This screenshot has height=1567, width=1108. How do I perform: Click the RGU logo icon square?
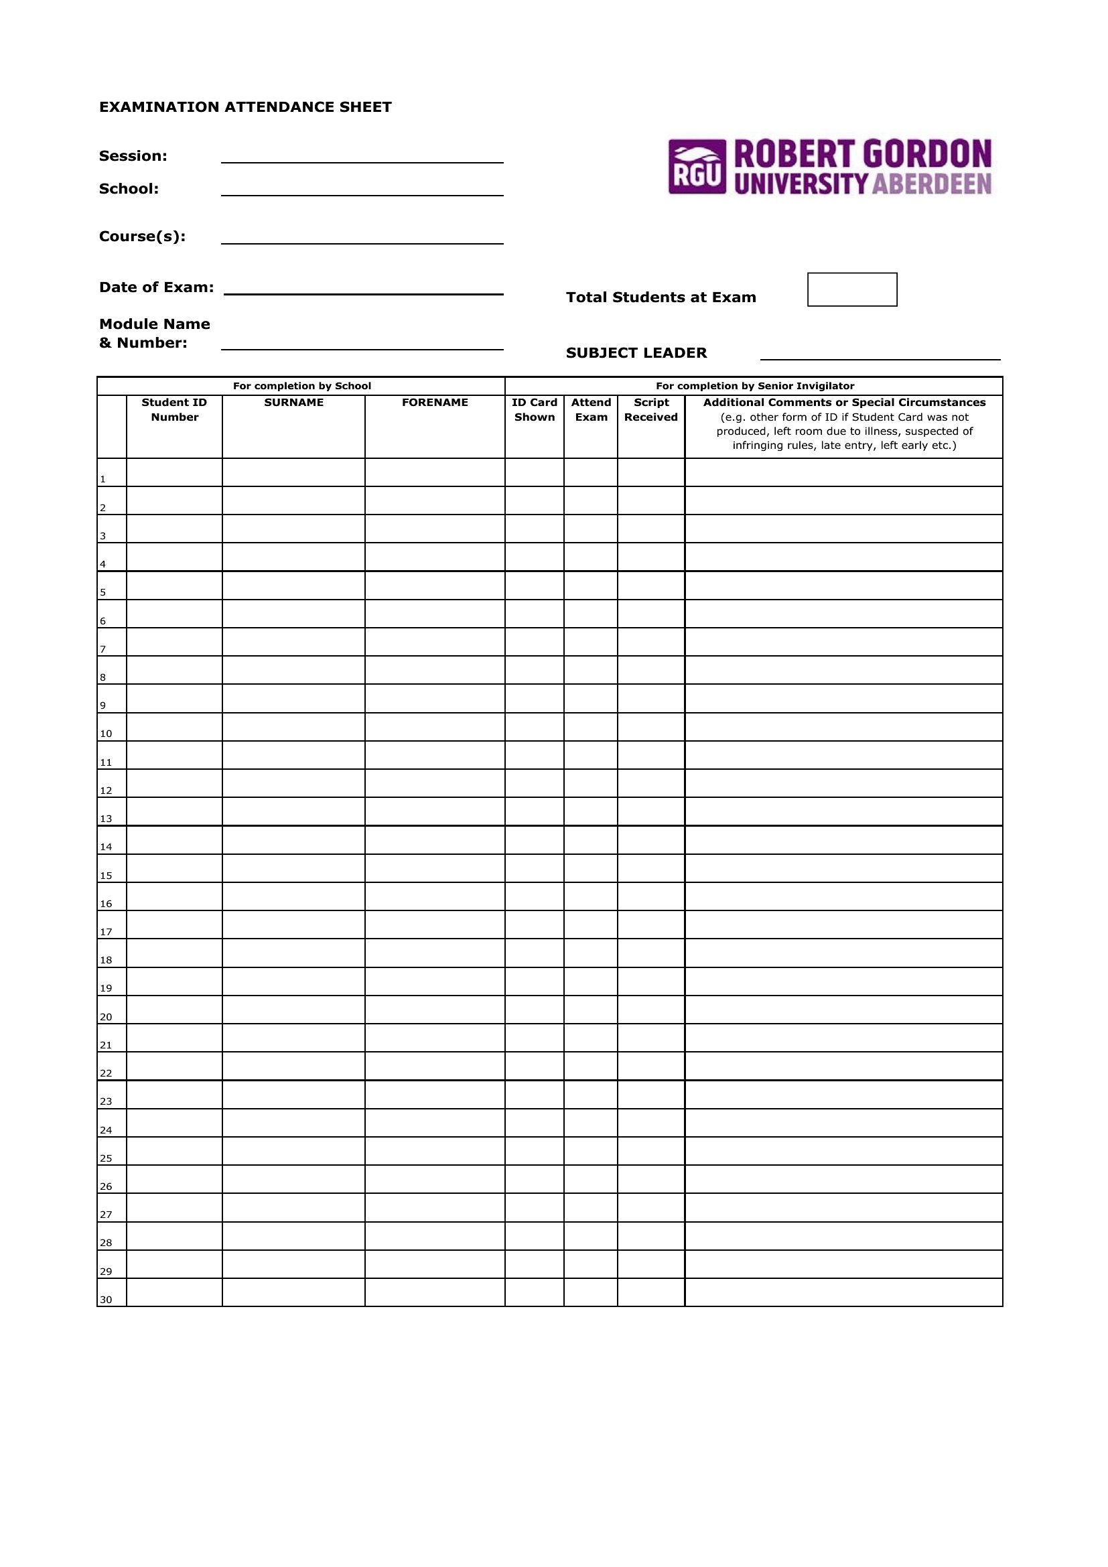(x=697, y=167)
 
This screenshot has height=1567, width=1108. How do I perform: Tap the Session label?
(x=133, y=156)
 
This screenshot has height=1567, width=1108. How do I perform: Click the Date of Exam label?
(x=156, y=287)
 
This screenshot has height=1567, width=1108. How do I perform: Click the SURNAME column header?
(x=293, y=403)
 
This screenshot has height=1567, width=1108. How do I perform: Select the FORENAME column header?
(x=435, y=403)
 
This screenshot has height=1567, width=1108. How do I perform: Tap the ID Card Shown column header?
(x=534, y=409)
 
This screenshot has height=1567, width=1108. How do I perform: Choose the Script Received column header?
(x=651, y=409)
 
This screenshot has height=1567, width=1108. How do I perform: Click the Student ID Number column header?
(x=174, y=409)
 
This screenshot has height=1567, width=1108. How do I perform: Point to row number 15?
(x=106, y=876)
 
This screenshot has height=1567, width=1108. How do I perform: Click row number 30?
(x=106, y=1300)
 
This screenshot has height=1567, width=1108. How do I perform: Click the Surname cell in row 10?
(x=293, y=727)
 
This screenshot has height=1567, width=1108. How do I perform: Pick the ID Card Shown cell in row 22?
(x=534, y=1066)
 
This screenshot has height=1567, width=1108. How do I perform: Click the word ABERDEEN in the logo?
(x=931, y=184)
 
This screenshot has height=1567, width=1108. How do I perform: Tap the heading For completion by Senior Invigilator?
(x=754, y=387)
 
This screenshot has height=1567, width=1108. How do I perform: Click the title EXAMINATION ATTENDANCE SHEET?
(x=246, y=107)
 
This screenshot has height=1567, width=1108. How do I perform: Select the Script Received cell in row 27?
(x=651, y=1207)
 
